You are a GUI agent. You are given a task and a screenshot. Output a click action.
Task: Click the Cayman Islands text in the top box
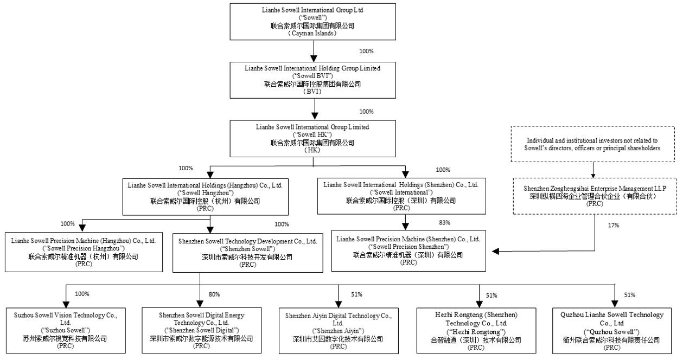pyautogui.click(x=312, y=33)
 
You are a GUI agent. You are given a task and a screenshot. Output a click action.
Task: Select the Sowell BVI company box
pyautogui.click(x=313, y=80)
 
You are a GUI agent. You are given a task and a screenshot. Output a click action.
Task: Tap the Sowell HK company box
pyautogui.click(x=313, y=138)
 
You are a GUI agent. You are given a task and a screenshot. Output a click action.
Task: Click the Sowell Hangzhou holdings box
pyautogui.click(x=206, y=197)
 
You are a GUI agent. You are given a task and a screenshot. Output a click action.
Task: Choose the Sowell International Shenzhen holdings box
pyautogui.click(x=401, y=196)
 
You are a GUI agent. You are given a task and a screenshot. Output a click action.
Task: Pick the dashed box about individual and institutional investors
pyautogui.click(x=593, y=144)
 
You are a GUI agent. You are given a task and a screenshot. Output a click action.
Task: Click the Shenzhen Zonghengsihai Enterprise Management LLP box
pyautogui.click(x=595, y=196)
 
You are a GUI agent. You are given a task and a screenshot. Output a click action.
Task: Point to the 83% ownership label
pyautogui.click(x=444, y=222)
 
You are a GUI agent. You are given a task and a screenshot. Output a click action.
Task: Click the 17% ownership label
pyautogui.click(x=614, y=225)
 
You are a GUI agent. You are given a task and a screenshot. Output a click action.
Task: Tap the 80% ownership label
pyautogui.click(x=214, y=294)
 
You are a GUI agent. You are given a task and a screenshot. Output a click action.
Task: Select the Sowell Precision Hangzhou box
pyautogui.click(x=84, y=252)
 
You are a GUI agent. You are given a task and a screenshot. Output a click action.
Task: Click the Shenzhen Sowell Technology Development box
pyautogui.click(x=248, y=253)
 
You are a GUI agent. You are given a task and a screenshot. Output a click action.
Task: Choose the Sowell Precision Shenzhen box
pyautogui.click(x=408, y=250)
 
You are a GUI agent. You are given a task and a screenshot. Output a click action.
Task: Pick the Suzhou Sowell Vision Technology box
pyautogui.click(x=66, y=330)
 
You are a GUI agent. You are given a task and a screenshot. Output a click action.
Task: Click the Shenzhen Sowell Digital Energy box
pyautogui.click(x=202, y=330)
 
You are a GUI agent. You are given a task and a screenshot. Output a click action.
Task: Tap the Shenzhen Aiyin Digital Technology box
pyautogui.click(x=339, y=331)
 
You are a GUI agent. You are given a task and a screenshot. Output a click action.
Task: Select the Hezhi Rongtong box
pyautogui.click(x=476, y=331)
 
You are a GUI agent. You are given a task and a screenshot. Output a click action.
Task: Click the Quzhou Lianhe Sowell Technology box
pyautogui.click(x=612, y=331)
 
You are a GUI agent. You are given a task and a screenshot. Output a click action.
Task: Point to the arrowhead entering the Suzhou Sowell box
pyautogui.click(x=66, y=305)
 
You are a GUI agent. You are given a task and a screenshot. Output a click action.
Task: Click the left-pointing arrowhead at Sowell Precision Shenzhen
pyautogui.click(x=496, y=252)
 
